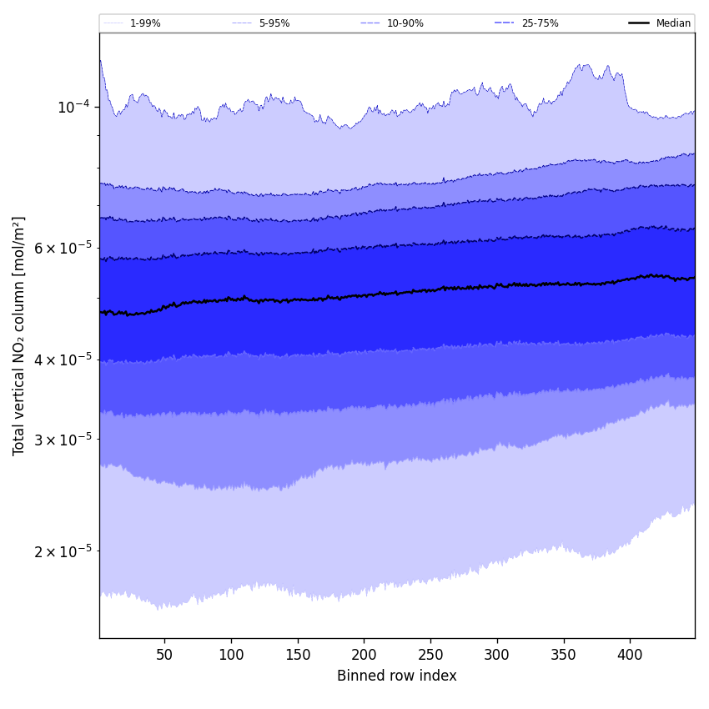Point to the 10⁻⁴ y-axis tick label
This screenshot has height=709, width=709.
[73, 107]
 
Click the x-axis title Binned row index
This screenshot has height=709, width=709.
[397, 676]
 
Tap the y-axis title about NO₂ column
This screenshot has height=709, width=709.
[19, 335]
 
